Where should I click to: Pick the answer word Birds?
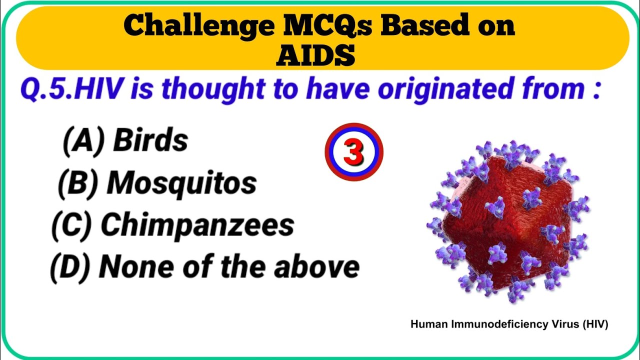click(x=150, y=140)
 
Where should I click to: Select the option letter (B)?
click(x=78, y=183)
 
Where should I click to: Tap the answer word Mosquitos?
click(x=181, y=183)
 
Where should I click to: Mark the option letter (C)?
click(x=71, y=225)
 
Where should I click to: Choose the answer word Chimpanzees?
click(x=197, y=225)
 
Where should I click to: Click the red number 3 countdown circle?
click(x=353, y=152)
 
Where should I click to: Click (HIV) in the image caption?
click(x=594, y=324)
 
